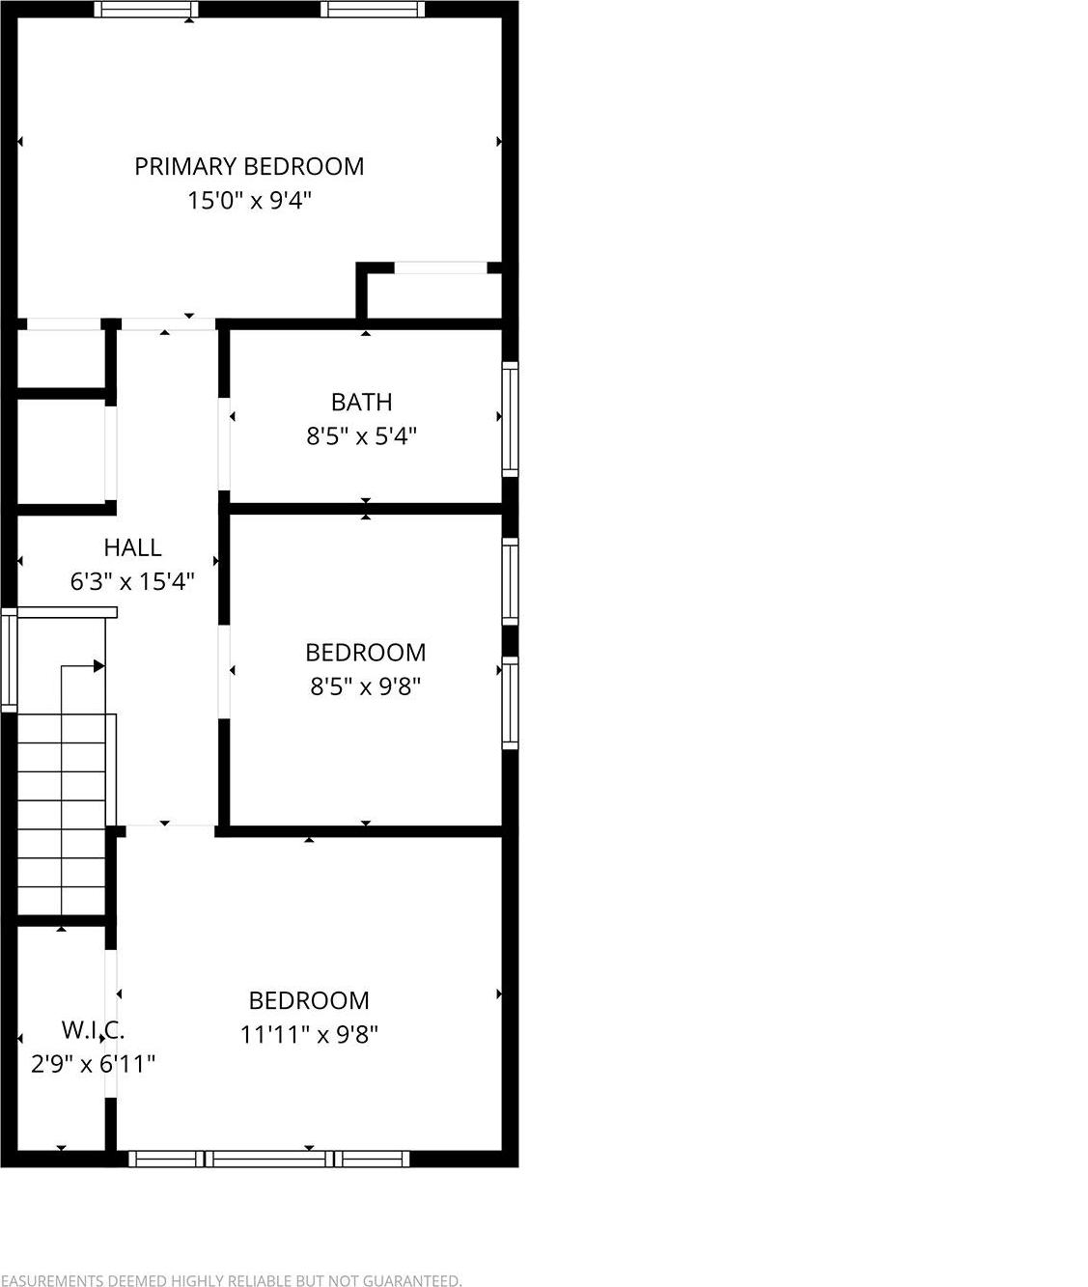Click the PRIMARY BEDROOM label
click(249, 166)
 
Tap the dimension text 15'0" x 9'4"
click(249, 201)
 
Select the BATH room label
click(361, 402)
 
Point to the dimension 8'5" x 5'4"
click(361, 436)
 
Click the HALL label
click(132, 547)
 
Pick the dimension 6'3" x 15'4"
click(132, 581)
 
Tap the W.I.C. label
click(93, 1030)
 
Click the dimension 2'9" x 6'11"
click(93, 1064)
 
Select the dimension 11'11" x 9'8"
click(309, 1035)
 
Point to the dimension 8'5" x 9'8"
click(365, 686)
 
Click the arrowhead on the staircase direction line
click(98, 666)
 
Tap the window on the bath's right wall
click(510, 419)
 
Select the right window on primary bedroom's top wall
click(373, 10)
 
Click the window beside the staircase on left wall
click(9, 661)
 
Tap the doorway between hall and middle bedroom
click(224, 672)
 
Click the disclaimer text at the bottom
click(231, 1280)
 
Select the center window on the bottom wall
click(269, 1159)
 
